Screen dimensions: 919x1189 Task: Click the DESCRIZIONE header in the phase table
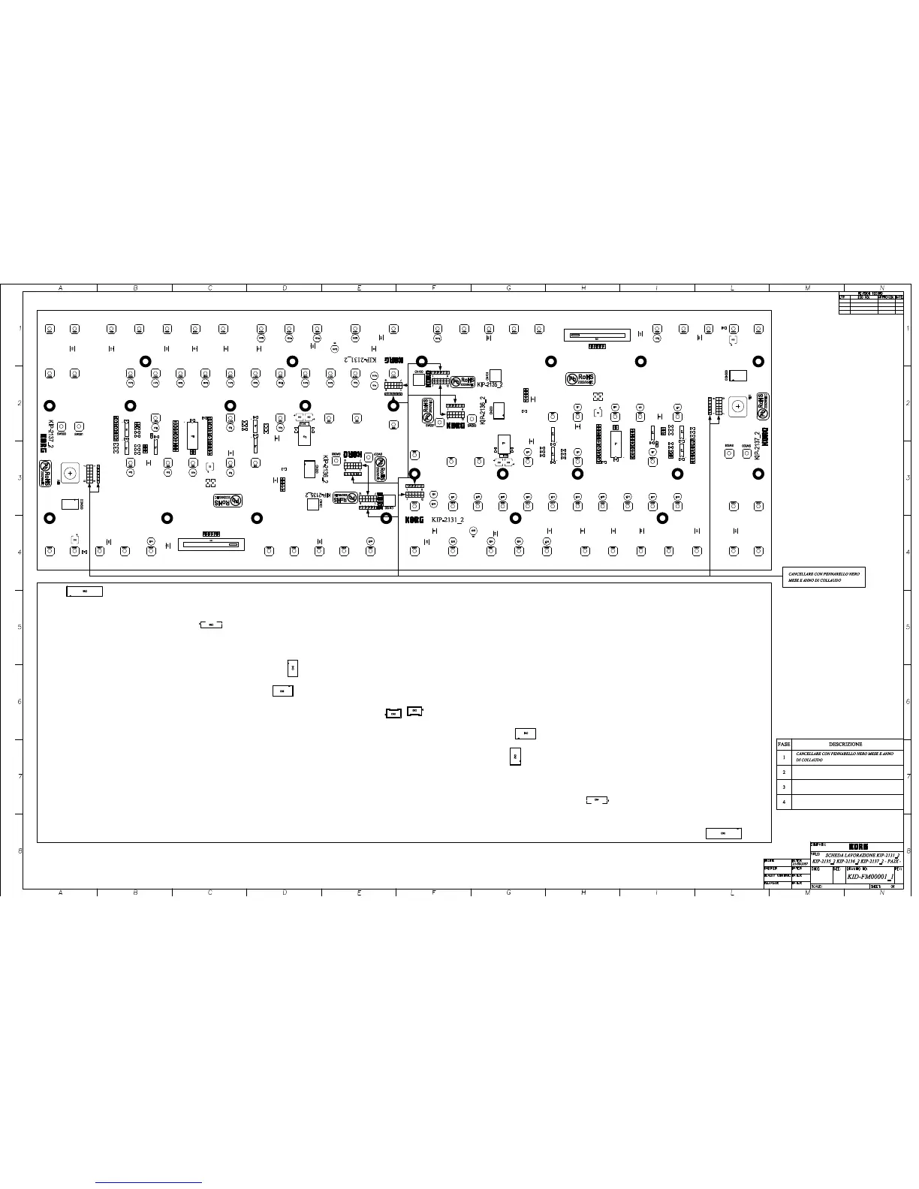845,744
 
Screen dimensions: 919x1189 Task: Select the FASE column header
784,744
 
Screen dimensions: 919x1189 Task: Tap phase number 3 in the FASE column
784,787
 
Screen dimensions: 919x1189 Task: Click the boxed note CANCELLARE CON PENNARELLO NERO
824,576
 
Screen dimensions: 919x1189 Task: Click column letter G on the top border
508,288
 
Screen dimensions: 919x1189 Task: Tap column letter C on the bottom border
209,893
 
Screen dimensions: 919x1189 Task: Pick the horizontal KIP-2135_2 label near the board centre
490,384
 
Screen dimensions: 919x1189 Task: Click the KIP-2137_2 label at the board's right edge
758,445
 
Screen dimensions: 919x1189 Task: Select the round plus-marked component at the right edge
738,406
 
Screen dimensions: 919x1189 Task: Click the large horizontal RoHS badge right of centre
581,379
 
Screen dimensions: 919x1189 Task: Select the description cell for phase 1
846,757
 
